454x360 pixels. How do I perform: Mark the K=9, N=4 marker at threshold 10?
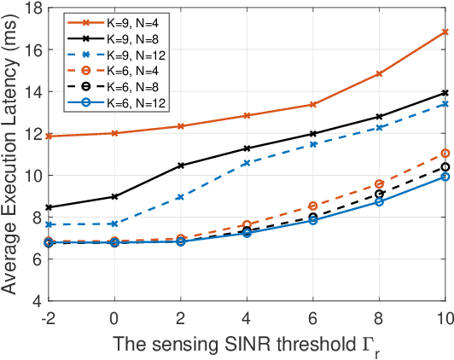click(x=445, y=32)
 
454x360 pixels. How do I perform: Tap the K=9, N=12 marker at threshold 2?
click(x=181, y=197)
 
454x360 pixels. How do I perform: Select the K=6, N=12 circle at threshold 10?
click(x=445, y=177)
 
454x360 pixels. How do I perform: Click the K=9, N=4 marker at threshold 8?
click(x=379, y=74)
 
